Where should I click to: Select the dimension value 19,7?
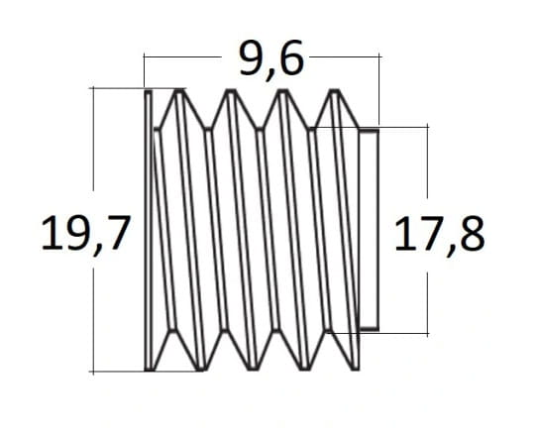[x=86, y=234]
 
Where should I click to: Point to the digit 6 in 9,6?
[x=292, y=57]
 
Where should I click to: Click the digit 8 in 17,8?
[x=473, y=234]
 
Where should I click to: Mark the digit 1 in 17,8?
[x=403, y=234]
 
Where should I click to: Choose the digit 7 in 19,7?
[x=118, y=233]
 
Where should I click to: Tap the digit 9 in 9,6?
[x=252, y=57]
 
